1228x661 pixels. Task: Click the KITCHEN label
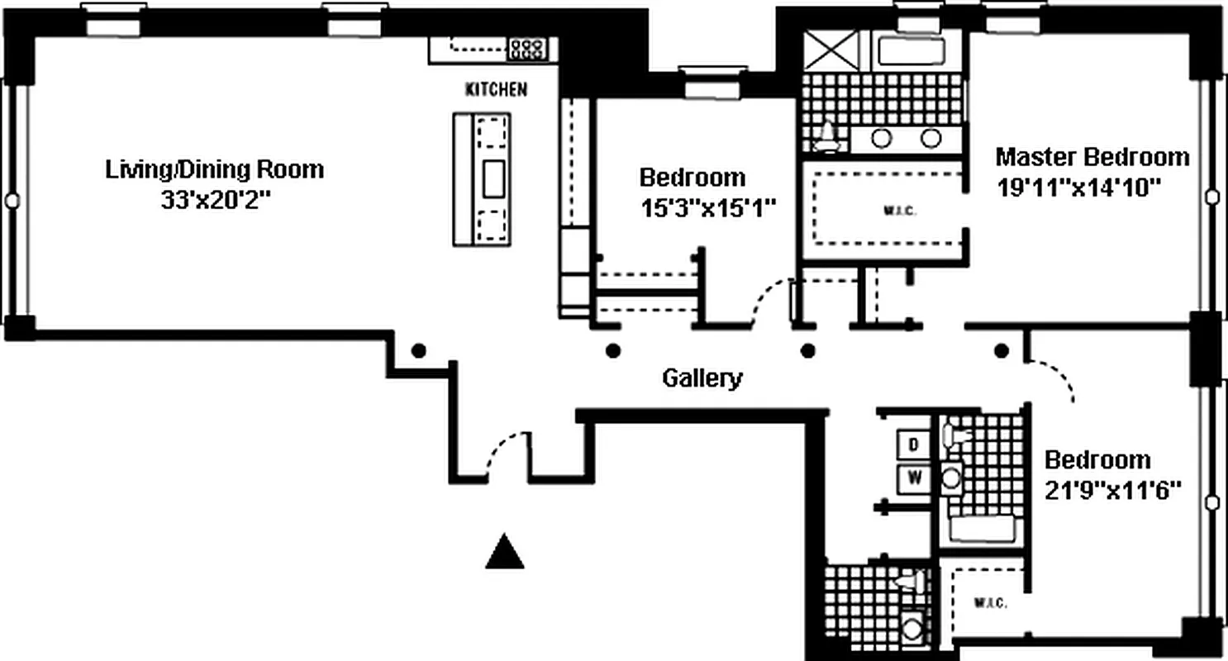(496, 89)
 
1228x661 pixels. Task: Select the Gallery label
(702, 378)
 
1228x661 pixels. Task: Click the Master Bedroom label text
(1092, 156)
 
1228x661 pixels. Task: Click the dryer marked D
(914, 444)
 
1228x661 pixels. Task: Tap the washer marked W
(914, 477)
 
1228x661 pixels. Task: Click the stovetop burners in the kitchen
(526, 49)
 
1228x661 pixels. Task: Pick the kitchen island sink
(493, 178)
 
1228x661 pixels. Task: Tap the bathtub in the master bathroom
(911, 52)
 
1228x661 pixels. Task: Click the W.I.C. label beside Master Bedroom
(906, 211)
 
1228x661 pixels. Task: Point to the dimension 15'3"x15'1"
(707, 207)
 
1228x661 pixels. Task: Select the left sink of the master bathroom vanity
(882, 138)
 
